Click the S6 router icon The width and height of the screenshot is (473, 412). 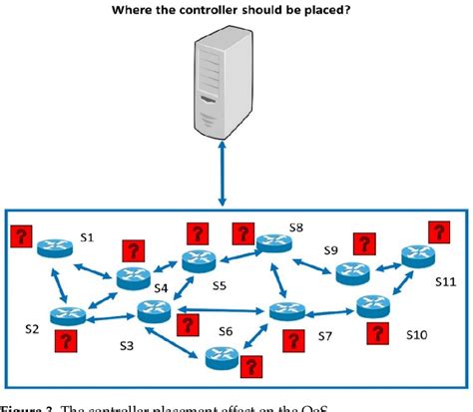222,356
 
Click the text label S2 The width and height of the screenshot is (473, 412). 32,328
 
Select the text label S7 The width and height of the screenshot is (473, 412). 324,336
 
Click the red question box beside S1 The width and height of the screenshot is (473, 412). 22,237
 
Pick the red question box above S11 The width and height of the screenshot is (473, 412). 436,232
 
